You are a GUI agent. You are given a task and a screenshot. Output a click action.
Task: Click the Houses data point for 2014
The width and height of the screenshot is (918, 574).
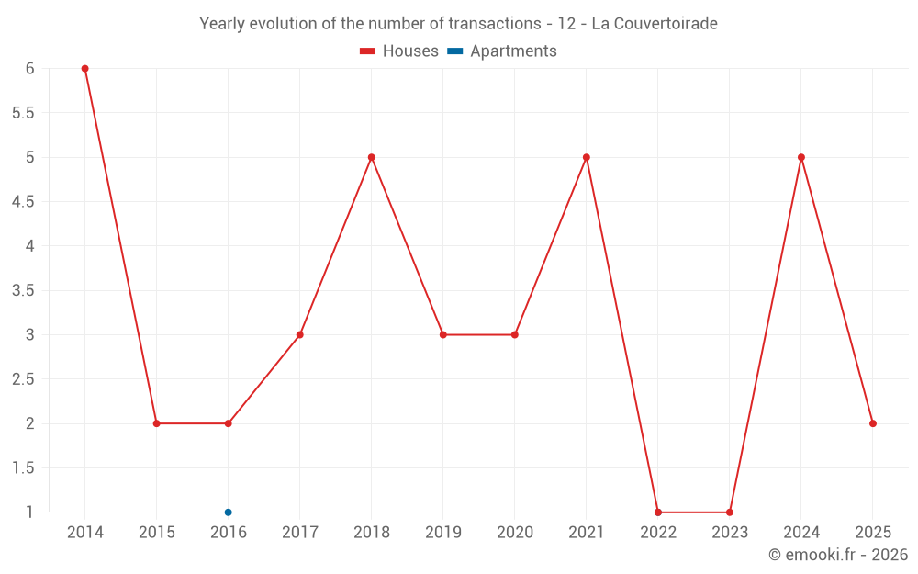click(x=85, y=69)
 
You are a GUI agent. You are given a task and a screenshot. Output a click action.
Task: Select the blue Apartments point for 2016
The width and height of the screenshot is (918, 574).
click(x=229, y=512)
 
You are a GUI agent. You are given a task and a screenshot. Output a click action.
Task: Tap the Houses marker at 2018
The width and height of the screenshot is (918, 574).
click(x=372, y=157)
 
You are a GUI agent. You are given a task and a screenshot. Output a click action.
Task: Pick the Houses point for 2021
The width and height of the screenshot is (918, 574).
click(x=587, y=157)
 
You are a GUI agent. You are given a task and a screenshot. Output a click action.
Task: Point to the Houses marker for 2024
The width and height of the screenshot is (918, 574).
click(x=801, y=157)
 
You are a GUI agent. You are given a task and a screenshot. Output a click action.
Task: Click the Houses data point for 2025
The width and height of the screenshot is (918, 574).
click(x=873, y=423)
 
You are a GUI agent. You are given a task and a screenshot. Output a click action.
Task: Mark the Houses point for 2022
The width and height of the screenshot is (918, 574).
click(x=658, y=512)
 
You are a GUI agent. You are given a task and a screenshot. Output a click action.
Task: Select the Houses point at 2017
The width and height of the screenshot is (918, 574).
click(x=300, y=335)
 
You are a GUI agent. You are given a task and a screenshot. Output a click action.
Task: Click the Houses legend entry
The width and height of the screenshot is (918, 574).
click(x=399, y=51)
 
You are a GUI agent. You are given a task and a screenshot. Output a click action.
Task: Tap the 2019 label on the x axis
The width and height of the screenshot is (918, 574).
click(x=443, y=533)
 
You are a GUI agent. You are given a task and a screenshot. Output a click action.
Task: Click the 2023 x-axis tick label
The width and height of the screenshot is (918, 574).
click(x=730, y=533)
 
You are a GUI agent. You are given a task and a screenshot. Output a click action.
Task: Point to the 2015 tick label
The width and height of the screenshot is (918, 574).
click(x=157, y=533)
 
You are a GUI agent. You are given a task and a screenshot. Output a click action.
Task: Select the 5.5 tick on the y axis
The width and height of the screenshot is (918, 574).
click(x=23, y=113)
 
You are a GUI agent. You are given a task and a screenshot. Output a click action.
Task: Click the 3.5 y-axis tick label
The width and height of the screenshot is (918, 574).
click(x=23, y=290)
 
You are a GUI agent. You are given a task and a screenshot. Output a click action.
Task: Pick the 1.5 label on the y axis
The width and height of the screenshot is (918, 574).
click(x=23, y=468)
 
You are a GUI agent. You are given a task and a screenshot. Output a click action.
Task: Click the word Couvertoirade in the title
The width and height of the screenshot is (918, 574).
click(x=655, y=23)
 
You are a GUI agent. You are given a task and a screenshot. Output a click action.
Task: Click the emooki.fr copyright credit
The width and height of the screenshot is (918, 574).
click(x=838, y=555)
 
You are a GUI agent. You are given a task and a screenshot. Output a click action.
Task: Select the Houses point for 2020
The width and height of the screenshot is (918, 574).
click(x=515, y=335)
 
